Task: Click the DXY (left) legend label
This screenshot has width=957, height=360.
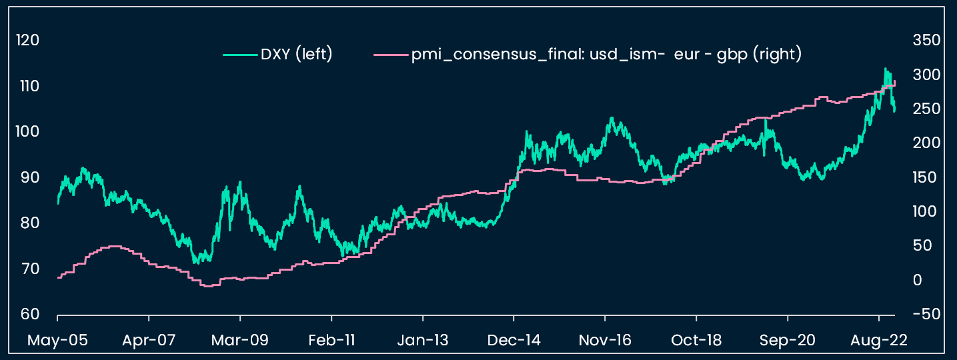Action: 296,55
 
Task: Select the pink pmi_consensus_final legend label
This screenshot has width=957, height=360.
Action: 606,55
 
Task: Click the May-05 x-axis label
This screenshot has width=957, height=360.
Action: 57,341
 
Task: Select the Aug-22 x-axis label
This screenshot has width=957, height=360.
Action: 878,341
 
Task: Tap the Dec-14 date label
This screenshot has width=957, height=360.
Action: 514,341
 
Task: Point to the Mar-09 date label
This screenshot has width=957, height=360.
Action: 240,341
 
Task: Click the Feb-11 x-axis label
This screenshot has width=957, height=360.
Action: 331,341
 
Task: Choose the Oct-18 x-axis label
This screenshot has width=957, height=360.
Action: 696,341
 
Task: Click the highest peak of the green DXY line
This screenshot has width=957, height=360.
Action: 886,69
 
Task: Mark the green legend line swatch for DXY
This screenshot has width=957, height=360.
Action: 239,55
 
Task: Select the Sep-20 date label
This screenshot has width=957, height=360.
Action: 788,341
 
